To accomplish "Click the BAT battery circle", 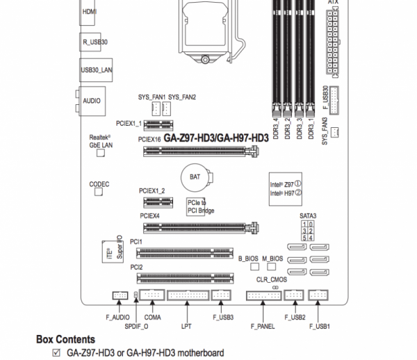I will pos(194,177).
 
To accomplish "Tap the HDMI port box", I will pos(90,12).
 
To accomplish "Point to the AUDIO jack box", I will pos(91,101).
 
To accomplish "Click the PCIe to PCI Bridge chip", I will pos(197,206).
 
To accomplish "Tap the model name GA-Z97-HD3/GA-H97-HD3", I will pos(215,138).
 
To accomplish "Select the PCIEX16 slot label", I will pos(150,140).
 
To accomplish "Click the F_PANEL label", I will pos(261,325).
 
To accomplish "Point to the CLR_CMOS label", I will pos(267,279).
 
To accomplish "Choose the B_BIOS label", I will pos(248,258).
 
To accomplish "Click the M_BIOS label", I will pos(273,258).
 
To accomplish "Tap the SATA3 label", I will pos(308,216).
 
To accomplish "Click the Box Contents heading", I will pos(65,339).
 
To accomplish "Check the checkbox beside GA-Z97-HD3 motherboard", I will pos(57,353).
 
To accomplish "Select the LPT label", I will pos(186,325).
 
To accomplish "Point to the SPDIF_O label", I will pos(136,325).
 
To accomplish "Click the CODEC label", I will pos(99,184).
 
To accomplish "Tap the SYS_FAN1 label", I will pos(152,97).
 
